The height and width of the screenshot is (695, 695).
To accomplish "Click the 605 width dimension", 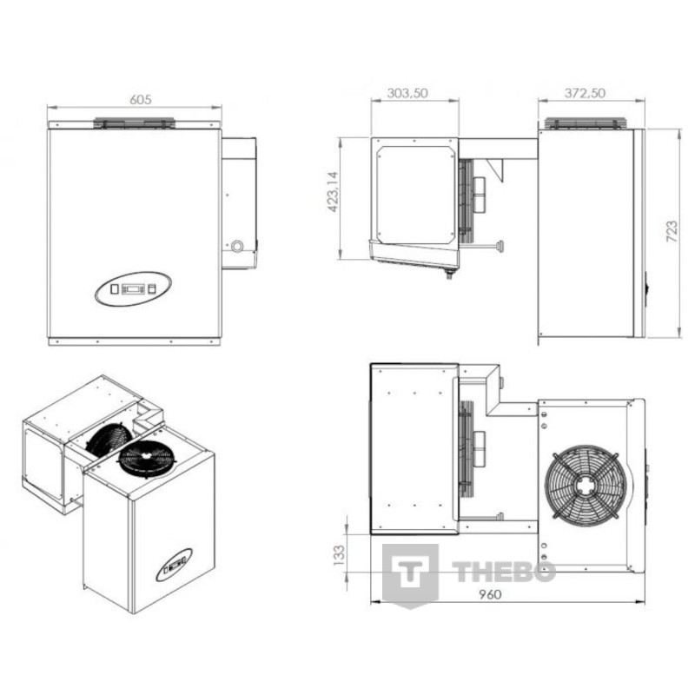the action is [141, 100].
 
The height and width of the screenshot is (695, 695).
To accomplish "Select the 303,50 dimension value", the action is [407, 93].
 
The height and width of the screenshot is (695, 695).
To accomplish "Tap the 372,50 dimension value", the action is [585, 93].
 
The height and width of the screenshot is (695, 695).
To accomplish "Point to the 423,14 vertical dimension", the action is [334, 191].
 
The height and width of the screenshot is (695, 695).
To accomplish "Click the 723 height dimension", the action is [672, 231].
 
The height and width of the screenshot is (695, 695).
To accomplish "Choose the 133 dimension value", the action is [338, 555].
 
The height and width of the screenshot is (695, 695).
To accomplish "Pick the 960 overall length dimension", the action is [490, 594].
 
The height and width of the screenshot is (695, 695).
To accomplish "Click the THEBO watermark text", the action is [504, 572].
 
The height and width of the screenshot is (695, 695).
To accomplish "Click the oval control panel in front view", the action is [134, 289].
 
